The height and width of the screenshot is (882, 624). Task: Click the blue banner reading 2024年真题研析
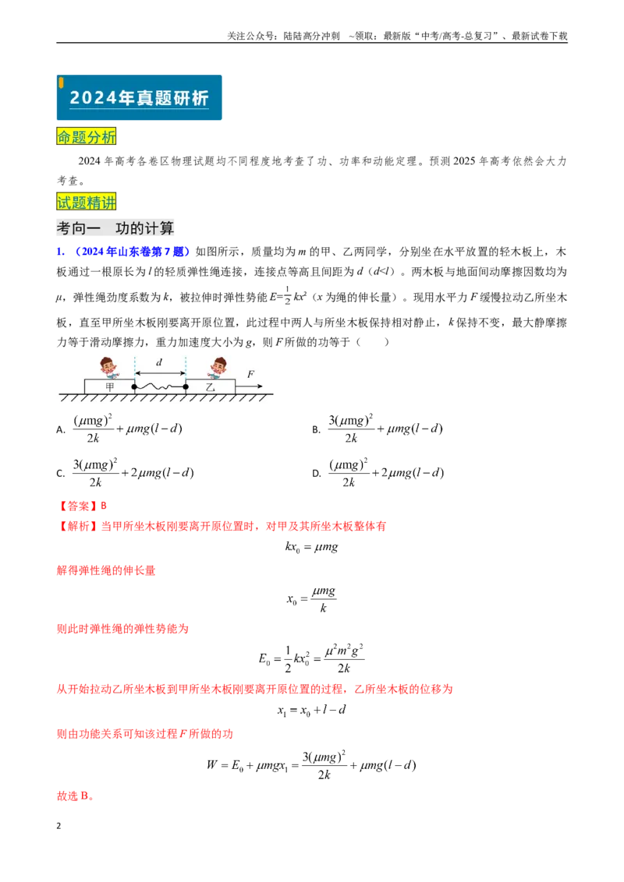click(x=139, y=97)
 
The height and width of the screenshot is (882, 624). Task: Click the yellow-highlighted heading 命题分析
click(x=86, y=136)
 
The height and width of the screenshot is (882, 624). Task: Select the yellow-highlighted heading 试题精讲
click(x=86, y=202)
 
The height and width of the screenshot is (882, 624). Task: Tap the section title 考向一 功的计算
click(x=115, y=228)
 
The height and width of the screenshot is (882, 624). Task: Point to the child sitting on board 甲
click(x=108, y=368)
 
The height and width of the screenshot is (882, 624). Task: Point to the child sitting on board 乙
click(x=217, y=368)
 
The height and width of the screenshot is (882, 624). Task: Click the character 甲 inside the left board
click(x=109, y=386)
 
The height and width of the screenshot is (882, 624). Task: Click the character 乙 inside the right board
click(x=210, y=387)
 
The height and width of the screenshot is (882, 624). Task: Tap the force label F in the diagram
click(x=250, y=374)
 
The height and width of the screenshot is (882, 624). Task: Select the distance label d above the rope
click(x=159, y=362)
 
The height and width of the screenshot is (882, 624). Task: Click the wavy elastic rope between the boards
click(x=160, y=387)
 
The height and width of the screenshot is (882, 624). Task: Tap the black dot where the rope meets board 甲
click(x=134, y=386)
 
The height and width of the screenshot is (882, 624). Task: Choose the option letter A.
click(x=61, y=430)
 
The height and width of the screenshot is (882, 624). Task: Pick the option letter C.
click(x=61, y=474)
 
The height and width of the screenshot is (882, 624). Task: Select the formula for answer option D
click(x=386, y=472)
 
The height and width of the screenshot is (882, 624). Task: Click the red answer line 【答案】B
click(x=82, y=506)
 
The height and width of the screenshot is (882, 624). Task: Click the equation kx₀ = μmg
click(x=311, y=547)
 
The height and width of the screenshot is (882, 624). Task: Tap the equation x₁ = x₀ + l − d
click(x=311, y=710)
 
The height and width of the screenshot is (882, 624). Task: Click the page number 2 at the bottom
click(x=58, y=826)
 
